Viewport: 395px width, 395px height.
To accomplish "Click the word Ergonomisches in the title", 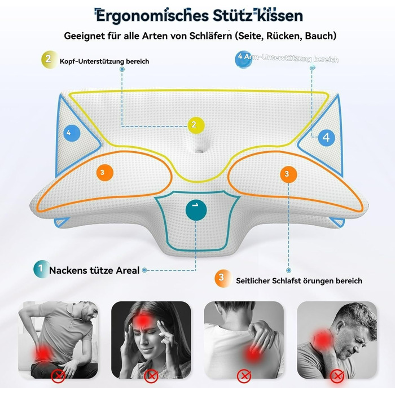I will [x=142, y=15].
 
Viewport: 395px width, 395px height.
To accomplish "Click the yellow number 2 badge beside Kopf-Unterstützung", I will [x=49, y=58].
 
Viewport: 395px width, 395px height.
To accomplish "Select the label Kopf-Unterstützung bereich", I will [x=104, y=61].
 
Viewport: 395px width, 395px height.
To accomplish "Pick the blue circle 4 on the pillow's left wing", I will [x=70, y=134].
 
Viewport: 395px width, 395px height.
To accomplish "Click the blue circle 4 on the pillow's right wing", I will [x=326, y=137].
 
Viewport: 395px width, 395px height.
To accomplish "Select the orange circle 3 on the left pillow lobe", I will [x=102, y=173].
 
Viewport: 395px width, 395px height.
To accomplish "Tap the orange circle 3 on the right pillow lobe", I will [x=287, y=174].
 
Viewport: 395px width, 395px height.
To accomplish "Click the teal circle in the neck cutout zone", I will [x=196, y=209].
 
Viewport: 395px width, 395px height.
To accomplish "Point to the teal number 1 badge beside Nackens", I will [x=40, y=270].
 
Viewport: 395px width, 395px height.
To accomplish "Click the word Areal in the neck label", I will [x=127, y=270].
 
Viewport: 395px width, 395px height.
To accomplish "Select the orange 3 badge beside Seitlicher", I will [x=221, y=277].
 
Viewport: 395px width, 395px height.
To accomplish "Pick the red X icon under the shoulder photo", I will [x=243, y=375].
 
